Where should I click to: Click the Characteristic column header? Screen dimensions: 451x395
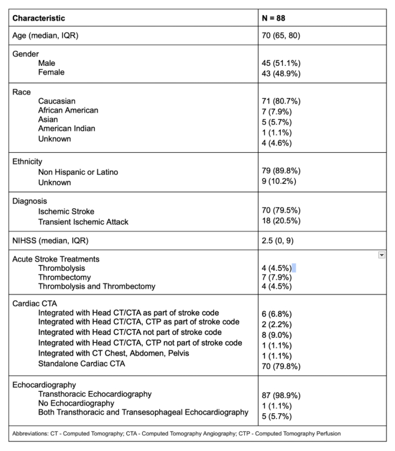click(x=39, y=18)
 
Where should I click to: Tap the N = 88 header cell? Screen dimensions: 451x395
click(x=274, y=18)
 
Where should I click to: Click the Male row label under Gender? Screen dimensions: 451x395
click(x=46, y=63)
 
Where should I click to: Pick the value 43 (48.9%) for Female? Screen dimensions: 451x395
click(x=281, y=72)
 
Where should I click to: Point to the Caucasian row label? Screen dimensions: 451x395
click(x=57, y=101)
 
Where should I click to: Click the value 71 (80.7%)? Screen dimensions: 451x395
click(x=281, y=101)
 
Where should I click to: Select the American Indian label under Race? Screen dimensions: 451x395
click(x=66, y=128)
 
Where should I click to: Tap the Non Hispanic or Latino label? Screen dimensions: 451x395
click(x=78, y=172)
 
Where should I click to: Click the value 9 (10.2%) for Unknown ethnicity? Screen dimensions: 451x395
click(x=279, y=181)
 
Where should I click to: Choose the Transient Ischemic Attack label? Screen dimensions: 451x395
click(x=83, y=221)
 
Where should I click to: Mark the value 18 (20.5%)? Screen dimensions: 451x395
click(x=281, y=221)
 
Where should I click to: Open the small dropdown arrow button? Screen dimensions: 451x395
click(x=382, y=255)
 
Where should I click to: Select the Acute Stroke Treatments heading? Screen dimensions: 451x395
click(x=56, y=259)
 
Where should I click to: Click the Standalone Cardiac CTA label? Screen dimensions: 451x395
click(x=82, y=363)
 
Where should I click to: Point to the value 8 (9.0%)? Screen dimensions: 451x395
click(x=276, y=334)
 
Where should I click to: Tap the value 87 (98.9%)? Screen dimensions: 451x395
click(x=281, y=394)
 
